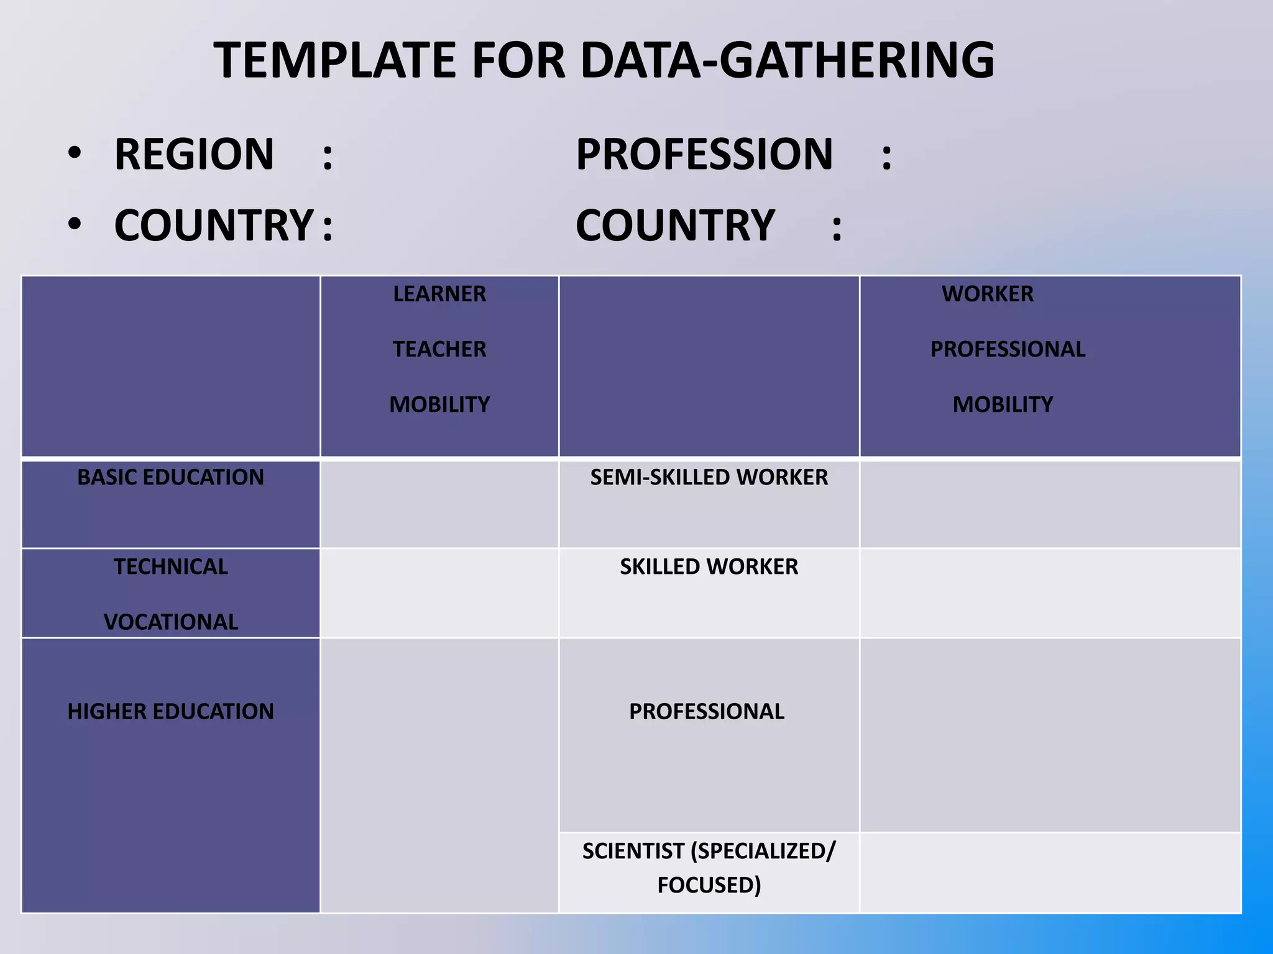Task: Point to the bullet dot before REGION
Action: point(75,153)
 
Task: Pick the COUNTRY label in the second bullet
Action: point(214,225)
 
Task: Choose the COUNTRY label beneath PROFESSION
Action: point(675,225)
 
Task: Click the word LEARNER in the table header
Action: point(439,294)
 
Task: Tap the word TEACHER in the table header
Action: point(439,349)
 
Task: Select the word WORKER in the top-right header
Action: point(988,294)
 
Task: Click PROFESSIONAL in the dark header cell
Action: point(1008,349)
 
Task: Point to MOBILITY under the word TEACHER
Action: point(439,404)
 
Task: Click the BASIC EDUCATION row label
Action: point(170,477)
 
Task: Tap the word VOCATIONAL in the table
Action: point(171,622)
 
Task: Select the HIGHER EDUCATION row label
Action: point(170,711)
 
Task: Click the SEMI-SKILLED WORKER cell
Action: point(709,477)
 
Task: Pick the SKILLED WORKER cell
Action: point(709,566)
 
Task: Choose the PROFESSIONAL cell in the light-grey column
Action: point(707,711)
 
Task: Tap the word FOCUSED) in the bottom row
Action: point(709,885)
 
